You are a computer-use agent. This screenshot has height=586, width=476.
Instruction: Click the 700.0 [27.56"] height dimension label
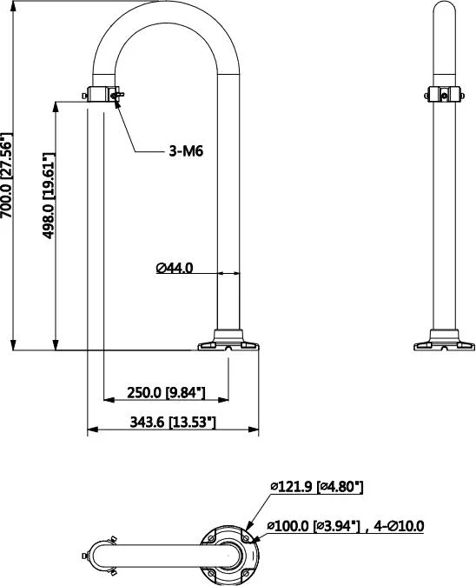click(x=7, y=189)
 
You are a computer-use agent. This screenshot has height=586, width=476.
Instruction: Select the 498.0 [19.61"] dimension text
click(x=50, y=196)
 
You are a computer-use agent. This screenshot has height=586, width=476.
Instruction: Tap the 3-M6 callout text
click(x=186, y=150)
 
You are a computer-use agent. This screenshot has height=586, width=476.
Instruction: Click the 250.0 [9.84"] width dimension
click(x=165, y=392)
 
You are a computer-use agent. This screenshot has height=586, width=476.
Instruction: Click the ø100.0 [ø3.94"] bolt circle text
click(x=313, y=525)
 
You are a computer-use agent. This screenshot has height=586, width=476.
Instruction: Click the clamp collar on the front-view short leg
click(x=103, y=94)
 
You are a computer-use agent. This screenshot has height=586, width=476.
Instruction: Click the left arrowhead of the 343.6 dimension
click(x=92, y=430)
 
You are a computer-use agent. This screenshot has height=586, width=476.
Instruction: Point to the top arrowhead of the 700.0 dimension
click(x=14, y=4)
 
